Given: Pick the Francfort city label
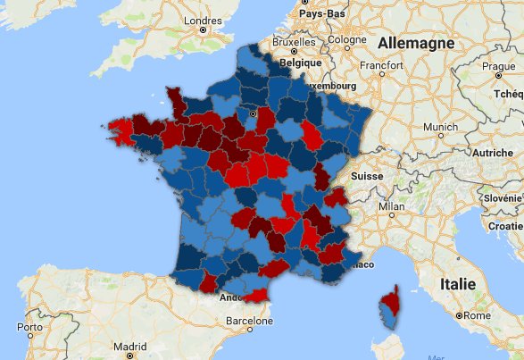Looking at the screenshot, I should (x=382, y=65).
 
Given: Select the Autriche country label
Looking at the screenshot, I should (x=492, y=153).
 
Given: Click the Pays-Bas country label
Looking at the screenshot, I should (x=322, y=14).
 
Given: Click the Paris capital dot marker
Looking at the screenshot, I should (x=253, y=113).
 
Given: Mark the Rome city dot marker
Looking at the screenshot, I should (x=460, y=315).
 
